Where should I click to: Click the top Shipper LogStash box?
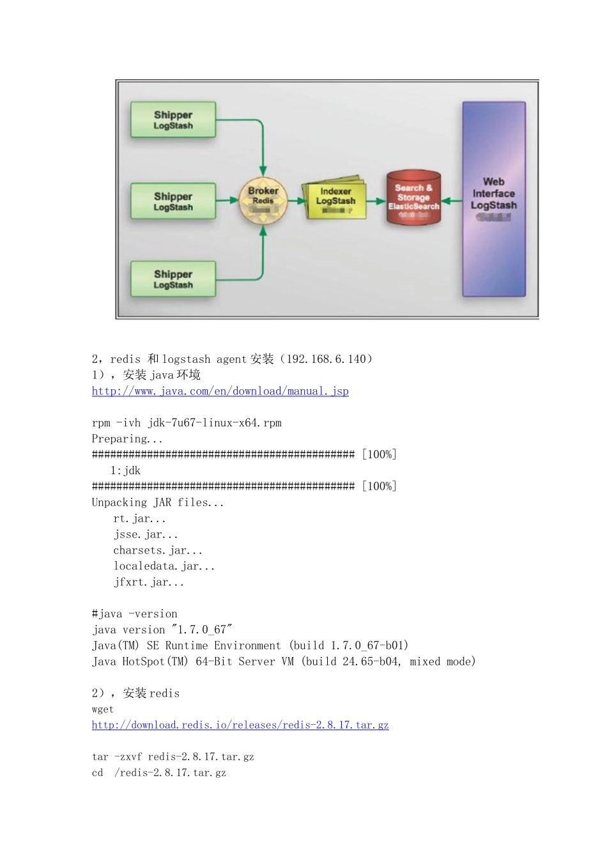(x=173, y=120)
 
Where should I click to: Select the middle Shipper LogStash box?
(x=173, y=201)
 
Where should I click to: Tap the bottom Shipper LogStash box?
(x=173, y=279)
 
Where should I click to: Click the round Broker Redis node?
(x=263, y=201)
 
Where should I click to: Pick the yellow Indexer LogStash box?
(x=335, y=200)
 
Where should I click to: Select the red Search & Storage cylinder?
(x=413, y=198)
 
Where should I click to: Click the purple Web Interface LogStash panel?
(x=494, y=199)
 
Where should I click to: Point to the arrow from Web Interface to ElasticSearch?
(x=451, y=201)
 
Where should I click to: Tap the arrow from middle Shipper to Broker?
(x=227, y=201)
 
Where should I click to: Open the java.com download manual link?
(x=220, y=391)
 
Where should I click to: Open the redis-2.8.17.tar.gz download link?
(x=240, y=725)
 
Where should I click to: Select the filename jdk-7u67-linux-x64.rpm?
(x=215, y=423)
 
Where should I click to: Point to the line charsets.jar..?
(x=158, y=550)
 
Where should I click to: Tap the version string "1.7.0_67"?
(x=202, y=630)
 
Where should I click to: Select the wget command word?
(x=103, y=709)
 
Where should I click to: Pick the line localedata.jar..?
(x=164, y=566)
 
